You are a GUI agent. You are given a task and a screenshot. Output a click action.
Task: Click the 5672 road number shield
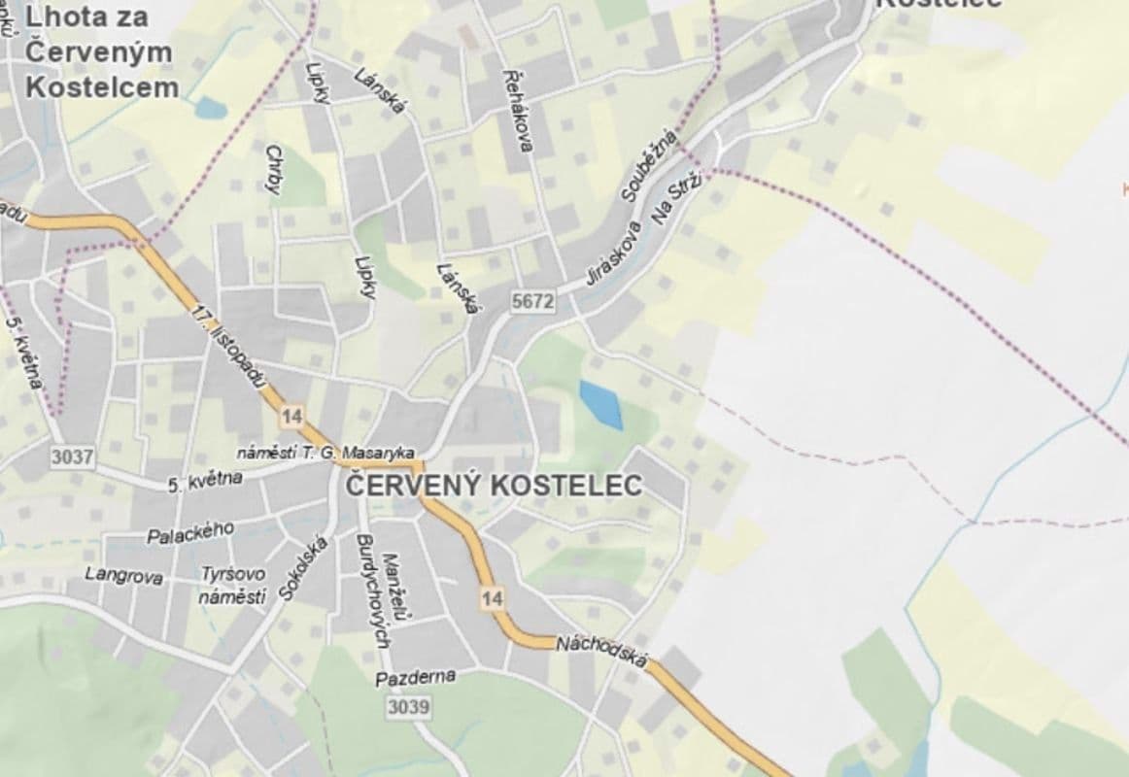point(533,302)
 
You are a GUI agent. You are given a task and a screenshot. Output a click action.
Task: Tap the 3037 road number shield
point(74,456)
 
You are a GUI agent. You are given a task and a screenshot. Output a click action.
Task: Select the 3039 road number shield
point(407,707)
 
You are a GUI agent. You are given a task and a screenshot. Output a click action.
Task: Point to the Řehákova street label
point(518,110)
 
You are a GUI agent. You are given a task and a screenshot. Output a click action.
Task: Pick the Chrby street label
point(274,169)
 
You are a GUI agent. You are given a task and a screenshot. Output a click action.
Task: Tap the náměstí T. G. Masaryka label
point(327,454)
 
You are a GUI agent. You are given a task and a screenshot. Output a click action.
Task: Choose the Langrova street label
point(123,575)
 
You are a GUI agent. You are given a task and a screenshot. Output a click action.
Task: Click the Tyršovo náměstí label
point(232,586)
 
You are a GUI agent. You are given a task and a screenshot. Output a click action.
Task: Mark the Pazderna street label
point(415,677)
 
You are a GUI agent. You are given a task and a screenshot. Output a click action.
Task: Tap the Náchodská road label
point(601,651)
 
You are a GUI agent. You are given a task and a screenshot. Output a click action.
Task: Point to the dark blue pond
point(601,404)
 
